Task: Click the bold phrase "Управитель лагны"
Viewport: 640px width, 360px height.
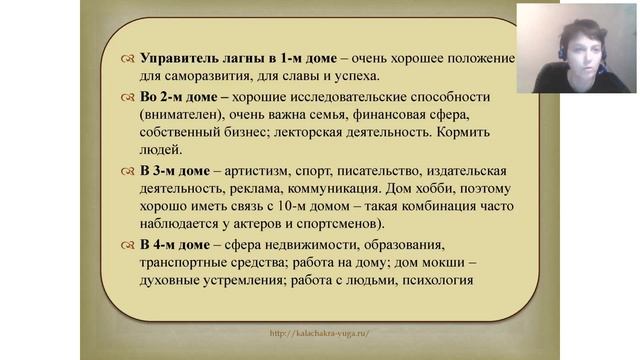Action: coord(197,58)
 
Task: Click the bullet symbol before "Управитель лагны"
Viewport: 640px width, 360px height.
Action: coord(128,59)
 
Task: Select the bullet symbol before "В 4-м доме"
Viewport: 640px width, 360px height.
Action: coord(128,246)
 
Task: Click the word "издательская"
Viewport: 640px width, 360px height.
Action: coord(453,172)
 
